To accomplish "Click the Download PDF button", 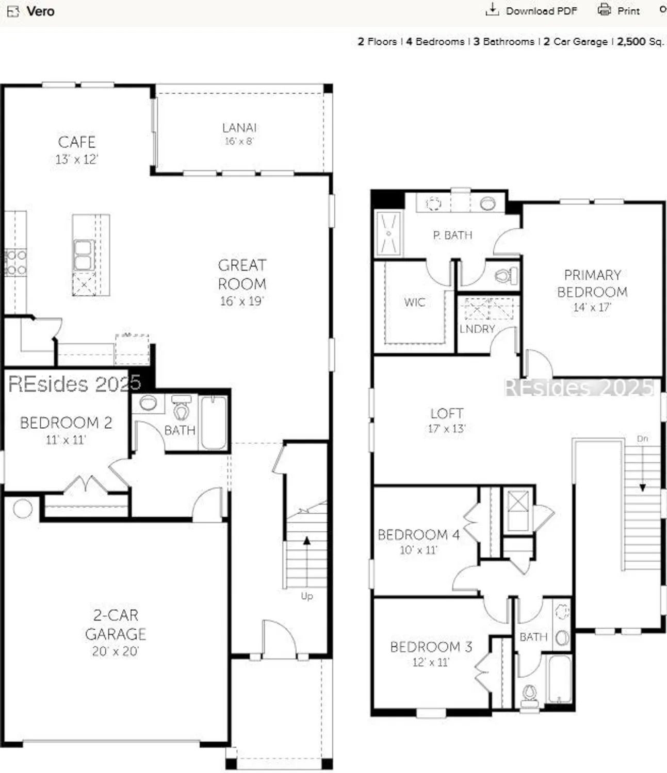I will point(532,11).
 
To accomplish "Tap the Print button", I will point(619,11).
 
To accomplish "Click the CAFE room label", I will point(77,142).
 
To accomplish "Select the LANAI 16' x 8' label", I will point(239,133).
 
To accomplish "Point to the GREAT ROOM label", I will point(242,274).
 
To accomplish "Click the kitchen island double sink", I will point(83,255).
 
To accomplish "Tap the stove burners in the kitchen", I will point(15,262).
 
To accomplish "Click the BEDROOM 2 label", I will point(66,423).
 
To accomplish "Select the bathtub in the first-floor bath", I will point(213,423).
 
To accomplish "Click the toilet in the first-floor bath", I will point(181,409).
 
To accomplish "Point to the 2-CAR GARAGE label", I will point(116,625).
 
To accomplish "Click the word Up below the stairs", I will point(307,596).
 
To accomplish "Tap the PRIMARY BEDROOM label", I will point(592,283).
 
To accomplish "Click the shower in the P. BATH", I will point(388,233).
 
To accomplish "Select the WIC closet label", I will point(414,303).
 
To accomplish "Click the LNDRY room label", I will point(477,329).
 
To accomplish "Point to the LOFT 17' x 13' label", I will point(447,420).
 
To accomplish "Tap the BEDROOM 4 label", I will point(418,535).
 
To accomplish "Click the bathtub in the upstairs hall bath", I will point(560,679).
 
